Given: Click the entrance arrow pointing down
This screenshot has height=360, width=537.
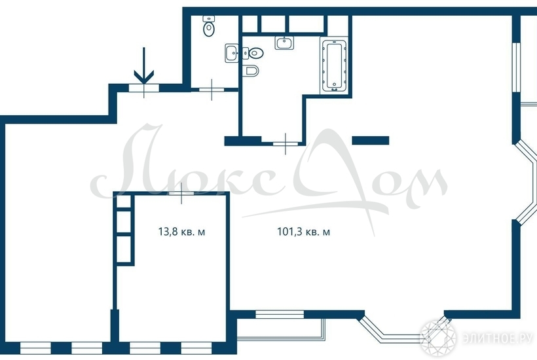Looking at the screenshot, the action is [x=144, y=65].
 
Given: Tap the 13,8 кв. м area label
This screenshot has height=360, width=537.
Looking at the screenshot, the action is [x=181, y=232].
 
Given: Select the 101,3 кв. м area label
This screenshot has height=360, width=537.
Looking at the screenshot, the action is [x=303, y=232].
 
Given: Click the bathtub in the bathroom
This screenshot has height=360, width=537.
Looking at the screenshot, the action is [x=334, y=65].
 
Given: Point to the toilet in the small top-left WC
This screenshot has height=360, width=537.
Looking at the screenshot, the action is [x=209, y=26].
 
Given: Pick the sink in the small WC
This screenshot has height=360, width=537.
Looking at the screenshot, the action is [x=232, y=53].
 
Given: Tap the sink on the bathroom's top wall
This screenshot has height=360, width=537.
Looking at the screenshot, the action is [x=284, y=43].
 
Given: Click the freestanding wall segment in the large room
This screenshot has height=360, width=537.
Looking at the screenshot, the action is [x=371, y=140].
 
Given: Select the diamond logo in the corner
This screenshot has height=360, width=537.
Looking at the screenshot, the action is [x=438, y=338].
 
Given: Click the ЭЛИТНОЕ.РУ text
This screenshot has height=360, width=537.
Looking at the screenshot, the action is [x=497, y=338].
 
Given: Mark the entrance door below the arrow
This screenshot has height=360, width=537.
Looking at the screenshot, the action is [x=144, y=88].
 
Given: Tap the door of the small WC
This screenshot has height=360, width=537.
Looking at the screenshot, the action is [x=212, y=90].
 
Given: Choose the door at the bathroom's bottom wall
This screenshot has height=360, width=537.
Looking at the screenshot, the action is [x=286, y=144].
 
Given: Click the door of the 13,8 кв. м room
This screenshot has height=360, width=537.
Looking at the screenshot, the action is [x=181, y=194].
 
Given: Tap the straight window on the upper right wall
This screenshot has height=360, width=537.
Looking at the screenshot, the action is [x=517, y=67].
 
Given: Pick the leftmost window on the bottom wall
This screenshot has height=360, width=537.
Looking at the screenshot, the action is [x=35, y=348].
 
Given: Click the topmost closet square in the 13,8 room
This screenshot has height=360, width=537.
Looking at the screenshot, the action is [x=124, y=202].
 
